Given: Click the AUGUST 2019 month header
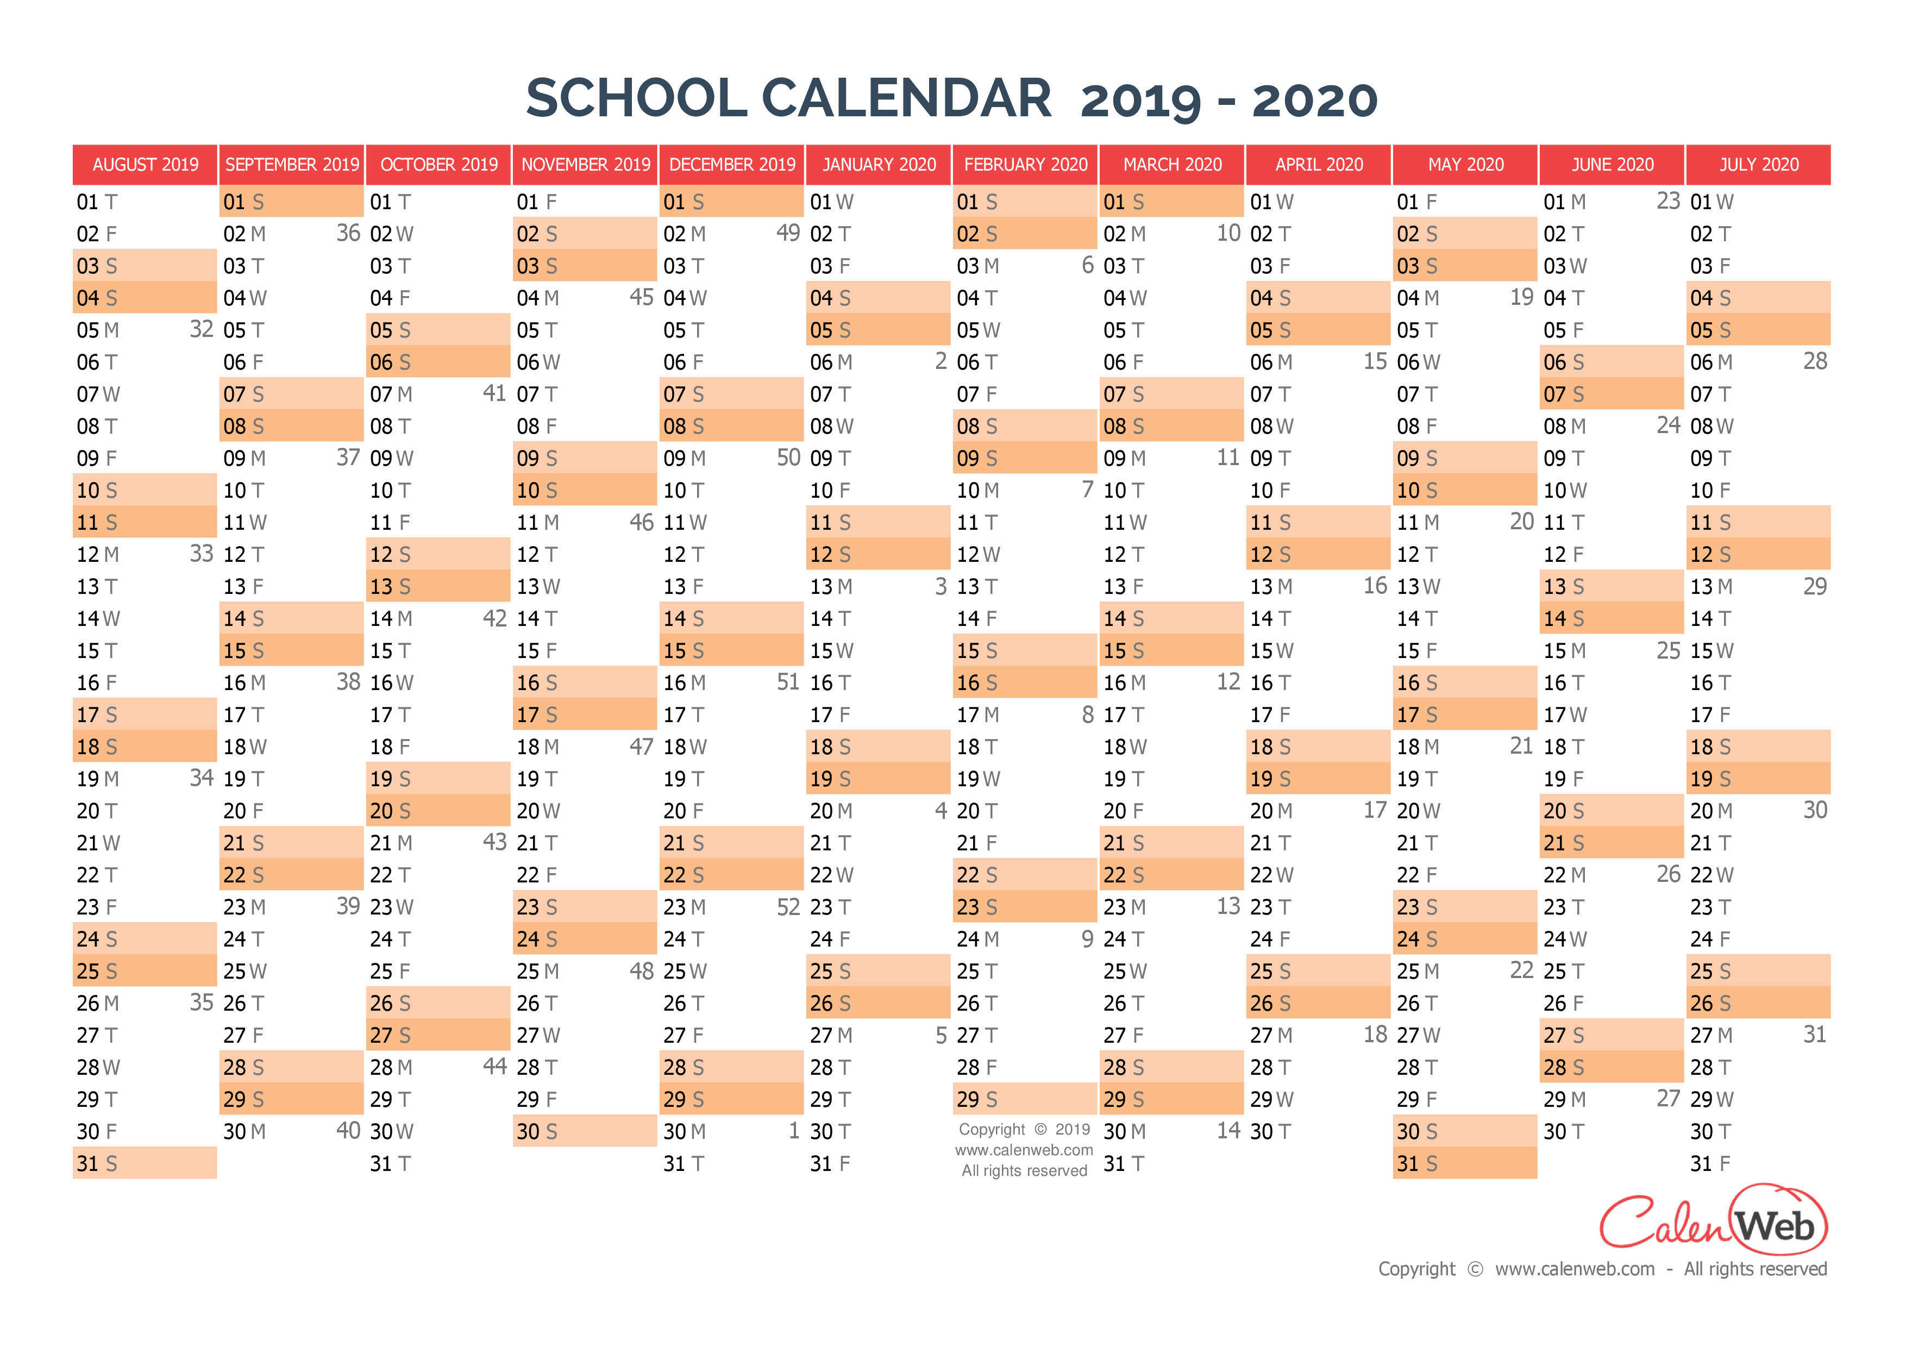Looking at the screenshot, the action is click(x=145, y=164).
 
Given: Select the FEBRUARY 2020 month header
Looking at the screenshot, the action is click(x=1025, y=164).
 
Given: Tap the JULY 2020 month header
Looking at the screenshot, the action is click(x=1758, y=164).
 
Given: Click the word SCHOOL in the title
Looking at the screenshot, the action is click(x=637, y=98).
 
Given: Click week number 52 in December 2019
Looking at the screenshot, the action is click(x=788, y=906).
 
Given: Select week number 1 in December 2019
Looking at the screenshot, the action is click(x=794, y=1130).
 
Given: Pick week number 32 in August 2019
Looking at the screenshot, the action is click(x=202, y=329).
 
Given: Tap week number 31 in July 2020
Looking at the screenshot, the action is click(x=1815, y=1034).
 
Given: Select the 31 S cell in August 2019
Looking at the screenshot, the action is click(x=145, y=1163).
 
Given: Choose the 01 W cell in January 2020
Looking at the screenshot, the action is click(x=878, y=202).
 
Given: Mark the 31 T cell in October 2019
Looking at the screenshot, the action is click(x=438, y=1163).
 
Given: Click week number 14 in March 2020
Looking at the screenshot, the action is click(x=1228, y=1130).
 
